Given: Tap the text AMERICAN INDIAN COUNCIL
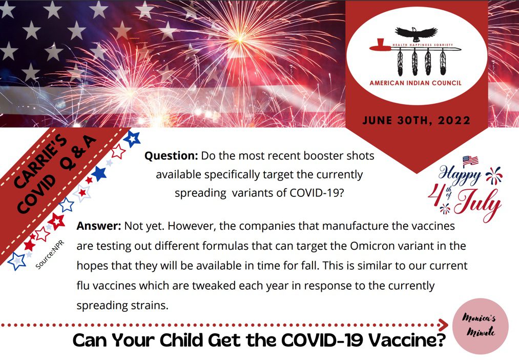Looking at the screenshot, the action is [416, 83].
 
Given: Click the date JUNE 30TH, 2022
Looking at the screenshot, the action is [417, 120].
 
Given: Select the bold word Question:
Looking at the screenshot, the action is [171, 156].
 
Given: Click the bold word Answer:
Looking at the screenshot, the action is [99, 226].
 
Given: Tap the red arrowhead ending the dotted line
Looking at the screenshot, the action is [443, 325].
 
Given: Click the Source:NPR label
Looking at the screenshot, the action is [50, 255].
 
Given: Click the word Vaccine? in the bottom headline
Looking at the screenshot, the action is [407, 340].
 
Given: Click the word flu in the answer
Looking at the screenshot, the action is [83, 286].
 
